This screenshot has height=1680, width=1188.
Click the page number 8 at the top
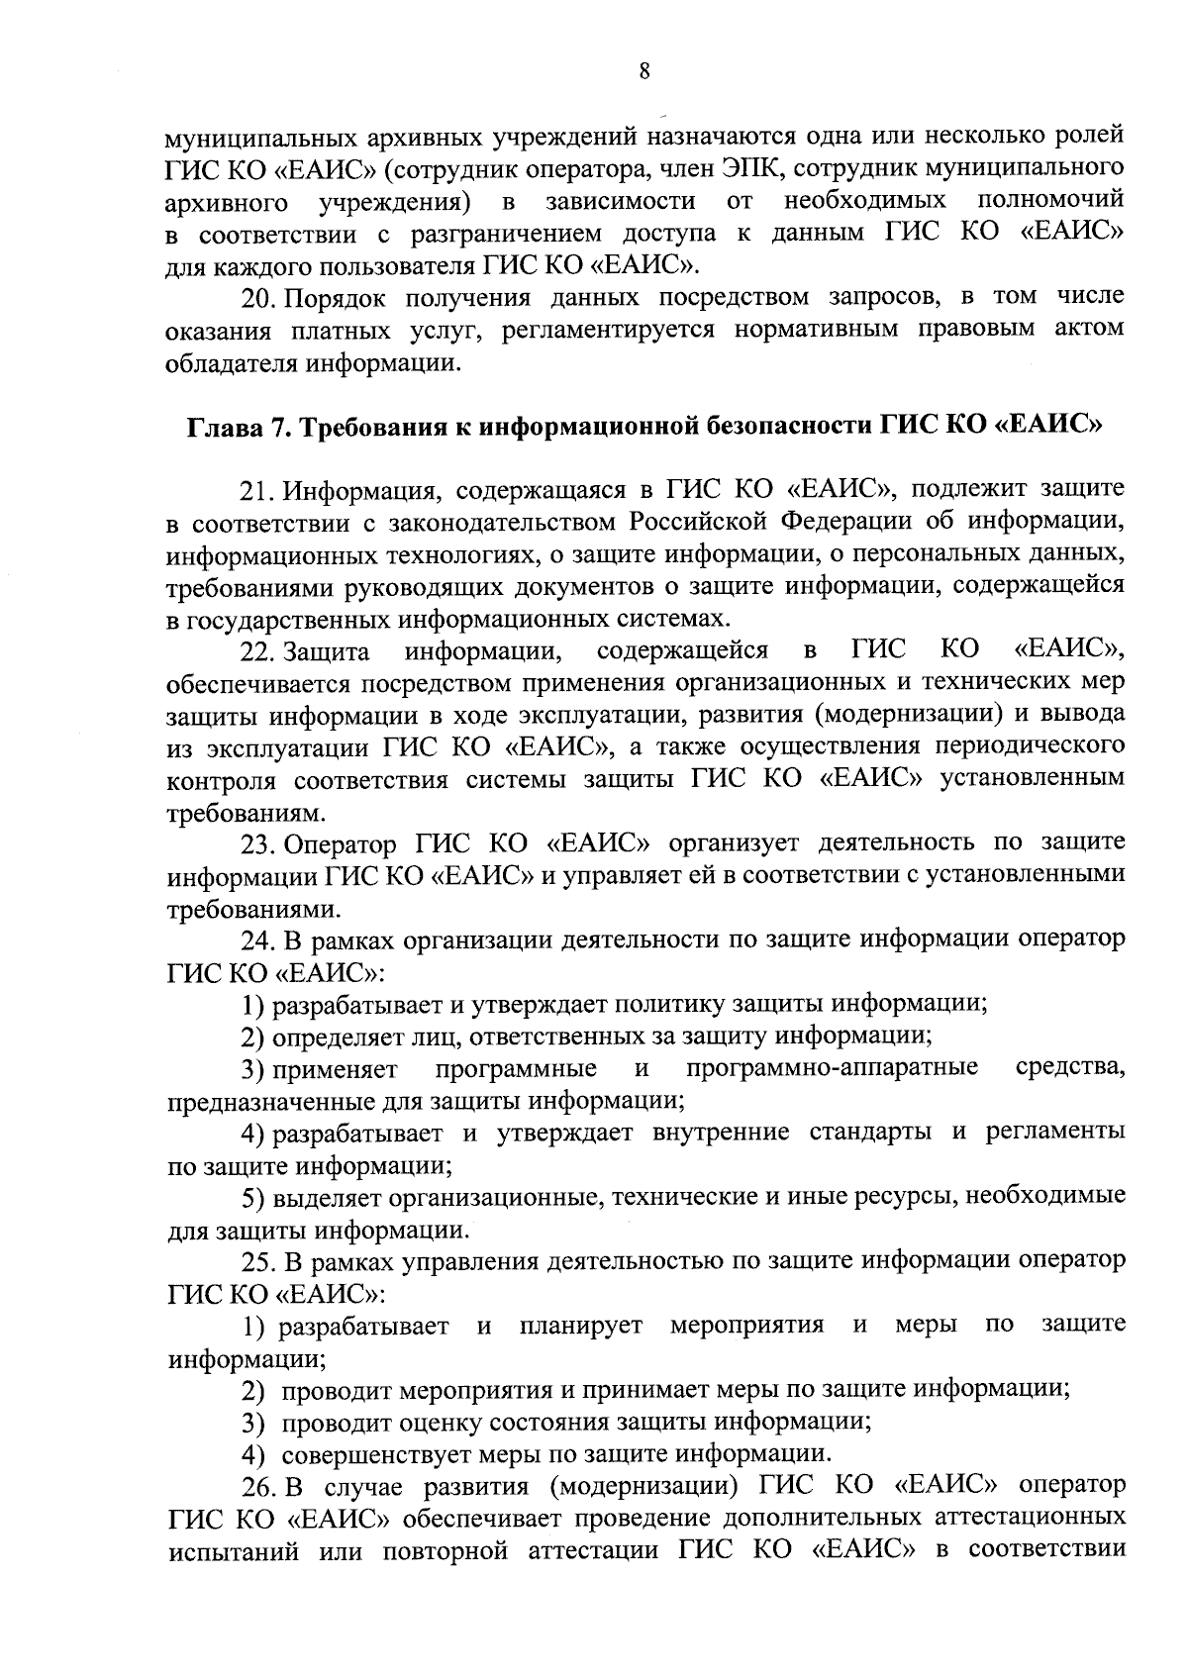pos(643,70)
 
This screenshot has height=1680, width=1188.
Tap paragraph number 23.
pos(259,844)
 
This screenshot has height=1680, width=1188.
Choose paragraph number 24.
pos(259,940)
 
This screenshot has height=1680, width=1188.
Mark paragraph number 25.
pos(259,1262)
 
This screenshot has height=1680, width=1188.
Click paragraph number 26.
pos(259,1487)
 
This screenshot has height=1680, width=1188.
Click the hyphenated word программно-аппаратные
pos(832,1069)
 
